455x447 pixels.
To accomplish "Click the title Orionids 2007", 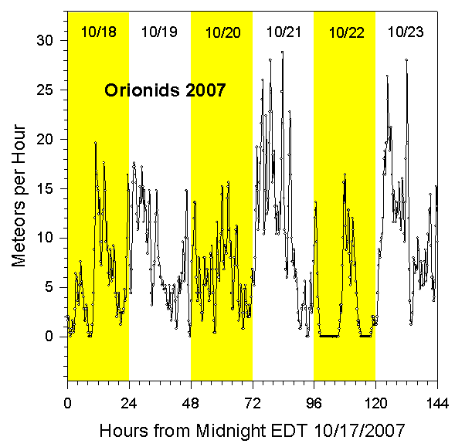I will (x=165, y=91).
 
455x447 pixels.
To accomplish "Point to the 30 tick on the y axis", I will (x=51, y=40).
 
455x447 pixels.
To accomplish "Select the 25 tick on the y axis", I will (x=51, y=90).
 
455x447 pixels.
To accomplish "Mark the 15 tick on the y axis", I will (x=51, y=188).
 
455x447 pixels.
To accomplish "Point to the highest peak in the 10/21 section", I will (x=282, y=52).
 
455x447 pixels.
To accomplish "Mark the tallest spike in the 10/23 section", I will (x=406, y=59).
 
